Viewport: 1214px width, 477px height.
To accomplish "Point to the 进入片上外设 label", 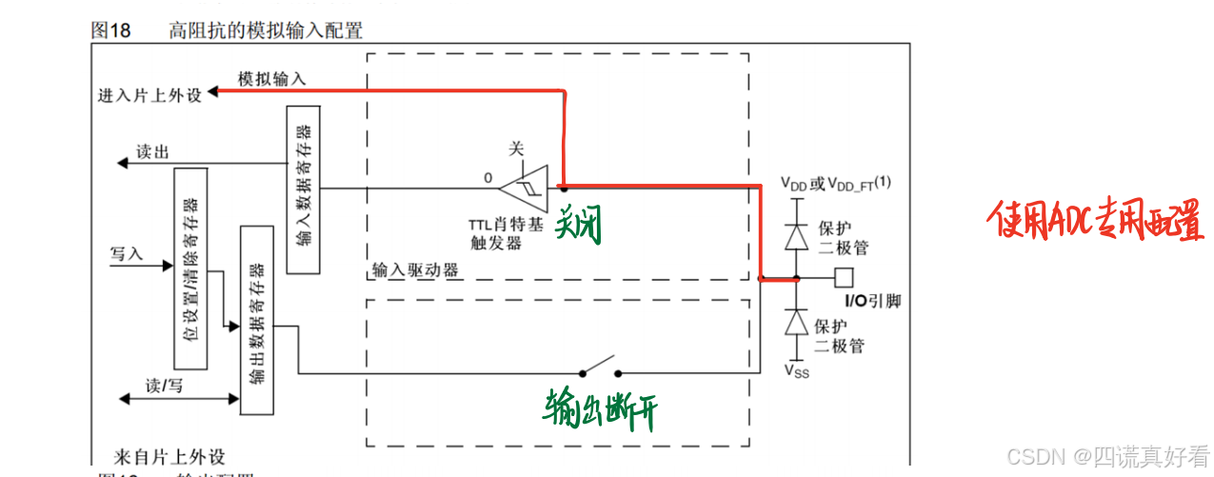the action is coord(149,95).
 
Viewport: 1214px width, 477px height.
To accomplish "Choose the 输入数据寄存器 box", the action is coord(302,189).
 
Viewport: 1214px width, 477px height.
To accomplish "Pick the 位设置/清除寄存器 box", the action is coord(189,268).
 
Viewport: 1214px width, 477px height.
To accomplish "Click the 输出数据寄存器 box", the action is coord(256,319).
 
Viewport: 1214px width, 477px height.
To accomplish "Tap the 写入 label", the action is coord(127,254).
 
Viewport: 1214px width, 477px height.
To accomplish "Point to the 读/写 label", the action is coord(164,386).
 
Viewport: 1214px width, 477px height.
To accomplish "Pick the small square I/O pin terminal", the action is coord(842,279).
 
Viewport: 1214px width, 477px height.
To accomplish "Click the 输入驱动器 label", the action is coord(416,270).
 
